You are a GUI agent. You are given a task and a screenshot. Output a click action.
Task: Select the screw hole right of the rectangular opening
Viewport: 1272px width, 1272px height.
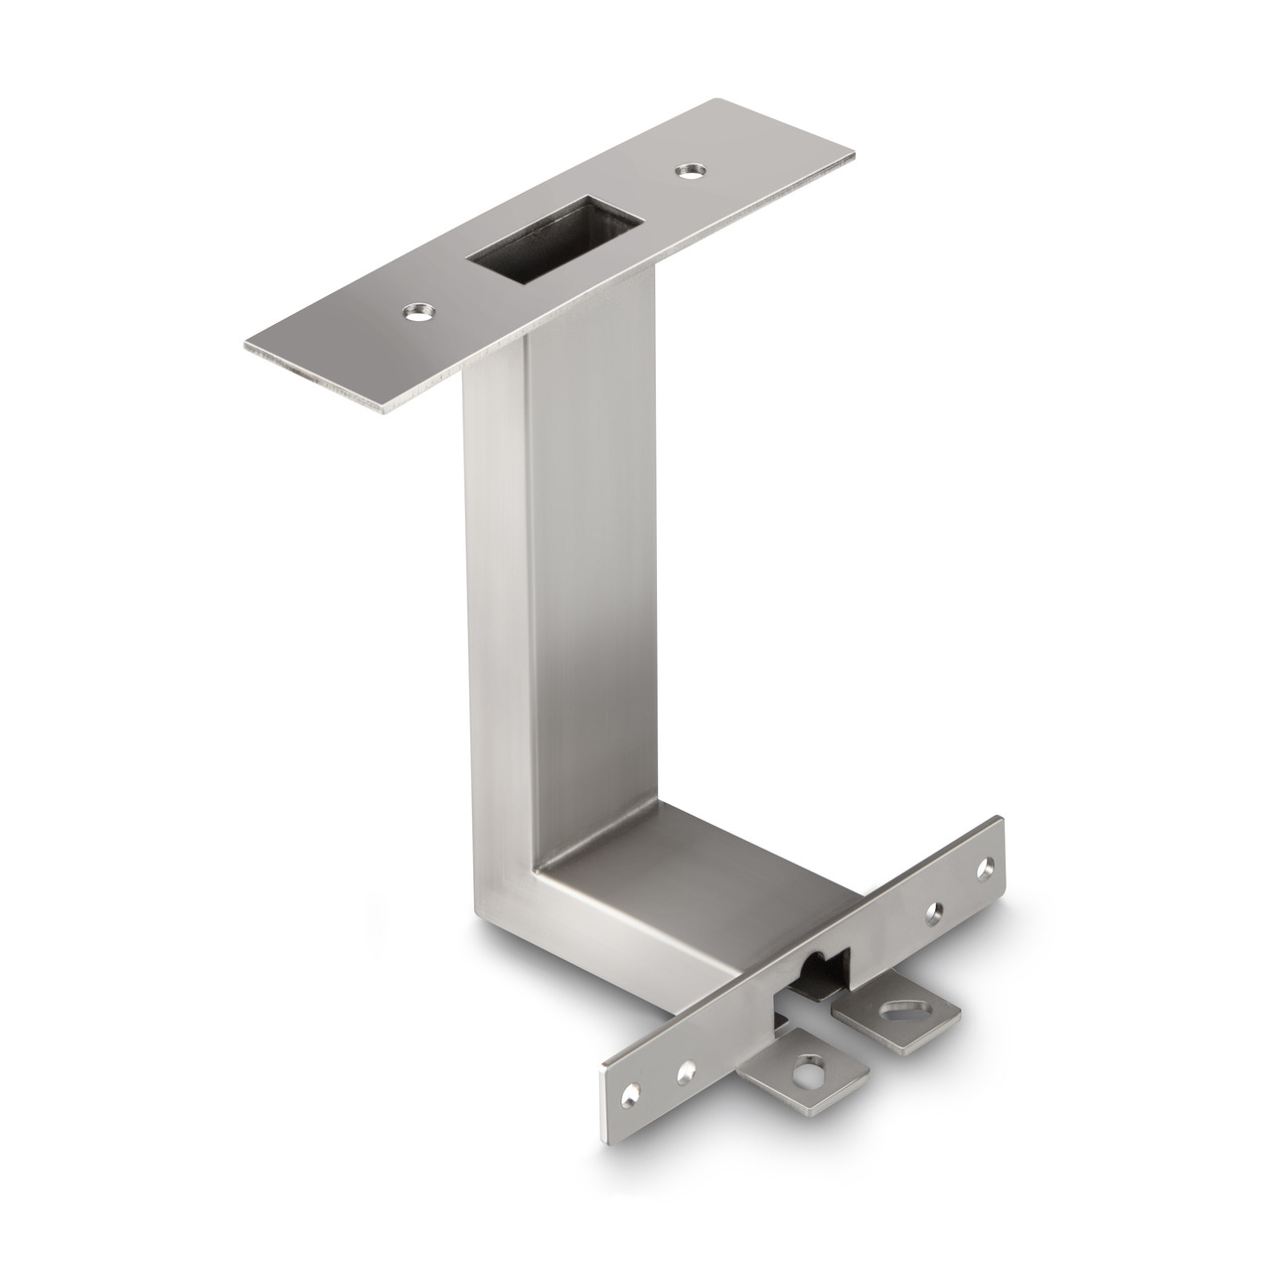[x=687, y=172]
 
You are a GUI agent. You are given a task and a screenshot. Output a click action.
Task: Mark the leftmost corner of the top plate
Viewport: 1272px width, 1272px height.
[x=245, y=348]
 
